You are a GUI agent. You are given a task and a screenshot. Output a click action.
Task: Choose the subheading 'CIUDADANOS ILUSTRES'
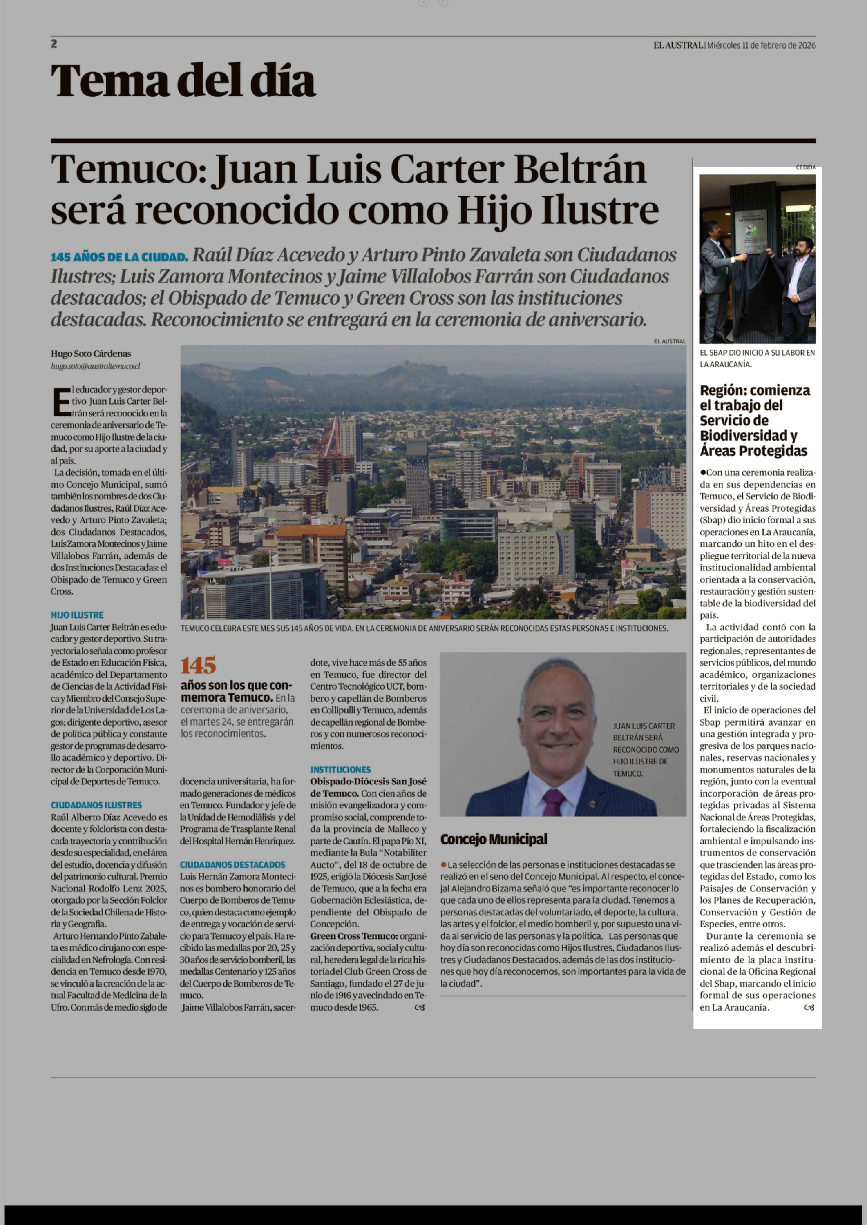pyautogui.click(x=96, y=805)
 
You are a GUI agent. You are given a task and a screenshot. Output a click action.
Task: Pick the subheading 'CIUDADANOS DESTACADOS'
pyautogui.click(x=232, y=864)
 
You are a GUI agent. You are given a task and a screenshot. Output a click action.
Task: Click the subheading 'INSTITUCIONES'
pyautogui.click(x=340, y=769)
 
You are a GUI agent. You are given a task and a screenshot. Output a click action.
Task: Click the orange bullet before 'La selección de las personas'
pyautogui.click(x=443, y=864)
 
